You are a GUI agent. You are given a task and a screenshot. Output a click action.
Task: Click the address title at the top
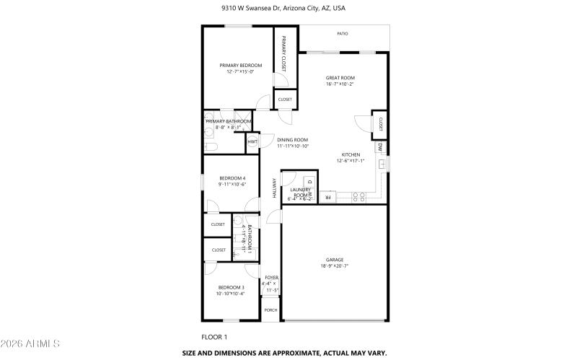pos(288,9)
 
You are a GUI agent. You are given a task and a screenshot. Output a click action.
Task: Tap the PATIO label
pos(343,33)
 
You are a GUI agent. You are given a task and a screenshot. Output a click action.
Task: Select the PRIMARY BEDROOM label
pos(241,66)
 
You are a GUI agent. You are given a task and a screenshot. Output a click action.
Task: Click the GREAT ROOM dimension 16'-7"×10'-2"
pos(340,84)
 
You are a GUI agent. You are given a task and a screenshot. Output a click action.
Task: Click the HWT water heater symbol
pos(252,142)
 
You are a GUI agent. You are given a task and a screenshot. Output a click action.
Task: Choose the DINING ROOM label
pos(293,140)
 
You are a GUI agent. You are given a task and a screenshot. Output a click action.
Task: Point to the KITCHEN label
pos(351,154)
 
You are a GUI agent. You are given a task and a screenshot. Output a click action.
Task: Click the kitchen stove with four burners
pos(358,196)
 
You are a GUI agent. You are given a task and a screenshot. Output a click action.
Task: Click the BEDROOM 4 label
pos(232,178)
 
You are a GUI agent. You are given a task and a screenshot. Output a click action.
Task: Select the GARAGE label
pos(334,260)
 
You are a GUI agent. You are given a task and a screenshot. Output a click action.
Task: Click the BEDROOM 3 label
pos(232,287)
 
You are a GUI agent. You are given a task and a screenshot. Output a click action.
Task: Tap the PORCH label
pos(270,310)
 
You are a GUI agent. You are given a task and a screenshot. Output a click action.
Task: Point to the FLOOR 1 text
pos(214,337)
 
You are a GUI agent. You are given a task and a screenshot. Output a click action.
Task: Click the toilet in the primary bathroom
pos(211,146)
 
